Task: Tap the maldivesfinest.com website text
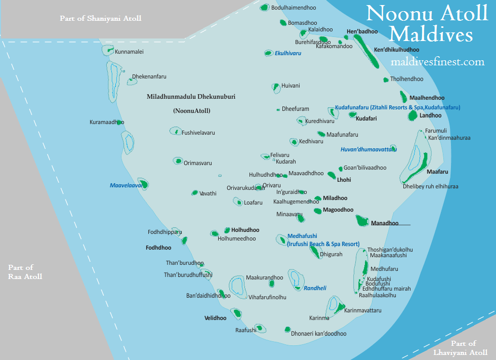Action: (438, 62)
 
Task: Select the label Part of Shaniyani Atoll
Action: (100, 18)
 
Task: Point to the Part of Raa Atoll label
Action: (25, 272)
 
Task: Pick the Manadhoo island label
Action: (385, 223)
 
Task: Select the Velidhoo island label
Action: (215, 318)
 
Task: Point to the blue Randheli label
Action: (315, 288)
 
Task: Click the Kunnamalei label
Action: (130, 52)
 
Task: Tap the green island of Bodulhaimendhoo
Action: (265, 8)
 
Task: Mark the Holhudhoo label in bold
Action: (245, 230)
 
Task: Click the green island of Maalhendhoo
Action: (403, 96)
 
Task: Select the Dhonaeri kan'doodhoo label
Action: (319, 334)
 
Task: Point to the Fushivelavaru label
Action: (198, 133)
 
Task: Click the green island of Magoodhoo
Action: (317, 210)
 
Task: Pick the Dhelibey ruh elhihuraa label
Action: (430, 186)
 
